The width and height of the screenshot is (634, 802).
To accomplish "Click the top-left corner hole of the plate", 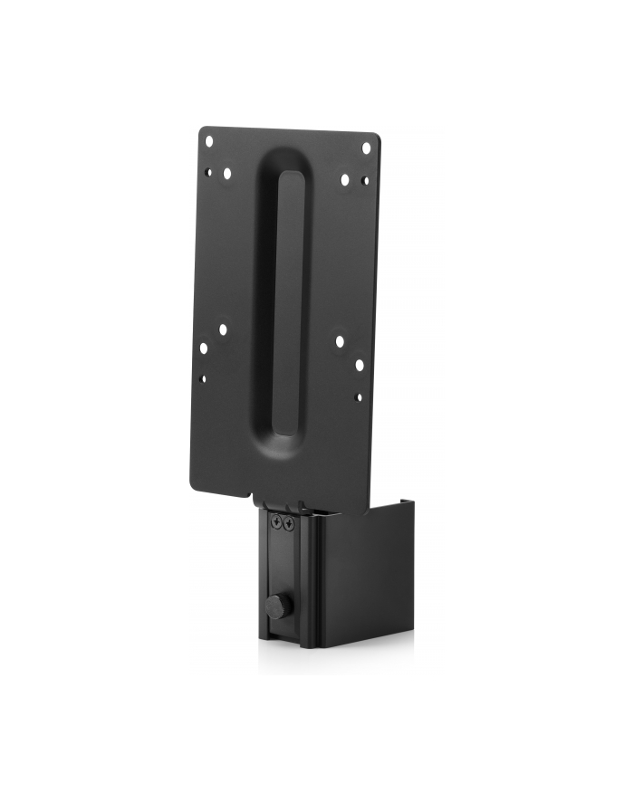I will point(209,141).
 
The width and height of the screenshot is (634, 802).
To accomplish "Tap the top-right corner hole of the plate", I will point(366,148).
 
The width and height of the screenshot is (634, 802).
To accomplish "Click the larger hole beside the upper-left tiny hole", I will point(226,173).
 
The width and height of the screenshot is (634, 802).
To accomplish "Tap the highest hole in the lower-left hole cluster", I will point(223,330).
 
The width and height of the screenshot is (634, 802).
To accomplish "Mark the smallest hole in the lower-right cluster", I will point(359,396).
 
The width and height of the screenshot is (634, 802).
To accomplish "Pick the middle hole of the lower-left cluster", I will point(205,348).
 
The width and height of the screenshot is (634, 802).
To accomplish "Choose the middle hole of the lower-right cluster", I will point(359,364).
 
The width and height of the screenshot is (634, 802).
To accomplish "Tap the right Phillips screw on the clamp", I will point(289,524).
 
